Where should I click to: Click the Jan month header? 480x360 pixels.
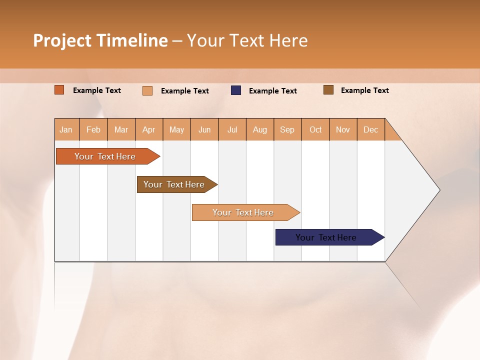tap(66, 129)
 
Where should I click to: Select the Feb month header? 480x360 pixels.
tap(93, 129)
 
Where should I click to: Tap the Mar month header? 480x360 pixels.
tap(121, 129)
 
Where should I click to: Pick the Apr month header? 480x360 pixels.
tap(149, 129)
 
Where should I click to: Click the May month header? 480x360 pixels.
tap(176, 129)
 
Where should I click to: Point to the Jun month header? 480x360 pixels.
tap(204, 129)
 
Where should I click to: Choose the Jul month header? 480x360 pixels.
tap(232, 129)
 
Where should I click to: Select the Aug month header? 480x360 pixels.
tap(260, 129)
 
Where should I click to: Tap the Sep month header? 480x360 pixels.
tap(287, 129)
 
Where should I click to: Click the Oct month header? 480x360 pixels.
tap(315, 129)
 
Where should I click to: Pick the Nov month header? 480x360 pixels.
tap(343, 129)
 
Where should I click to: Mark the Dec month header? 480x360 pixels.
tap(371, 129)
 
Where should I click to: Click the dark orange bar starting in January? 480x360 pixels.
tap(105, 156)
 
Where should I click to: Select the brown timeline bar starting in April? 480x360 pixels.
tap(174, 184)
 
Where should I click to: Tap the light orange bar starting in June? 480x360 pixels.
tap(243, 212)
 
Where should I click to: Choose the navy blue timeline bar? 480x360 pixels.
tap(326, 237)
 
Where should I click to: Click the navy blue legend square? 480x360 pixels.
tap(236, 90)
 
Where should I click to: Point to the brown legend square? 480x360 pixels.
tap(328, 90)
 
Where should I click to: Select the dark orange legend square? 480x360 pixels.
tap(59, 90)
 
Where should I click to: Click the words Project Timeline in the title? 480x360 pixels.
tap(100, 40)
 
